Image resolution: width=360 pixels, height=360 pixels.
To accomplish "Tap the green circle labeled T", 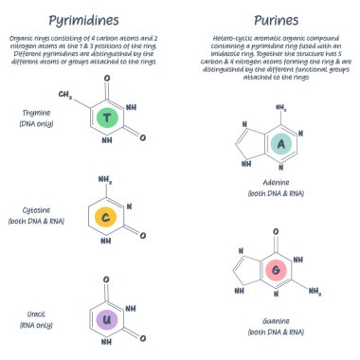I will [108, 118].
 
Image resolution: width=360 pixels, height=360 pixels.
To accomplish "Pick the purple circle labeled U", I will [107, 319].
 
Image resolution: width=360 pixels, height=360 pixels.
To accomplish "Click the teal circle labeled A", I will [280, 143].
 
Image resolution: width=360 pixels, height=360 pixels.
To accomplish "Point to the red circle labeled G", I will [276, 270].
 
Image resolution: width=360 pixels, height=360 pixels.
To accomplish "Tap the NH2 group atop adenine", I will [279, 108].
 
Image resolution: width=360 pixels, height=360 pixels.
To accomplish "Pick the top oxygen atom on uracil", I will [106, 279].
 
